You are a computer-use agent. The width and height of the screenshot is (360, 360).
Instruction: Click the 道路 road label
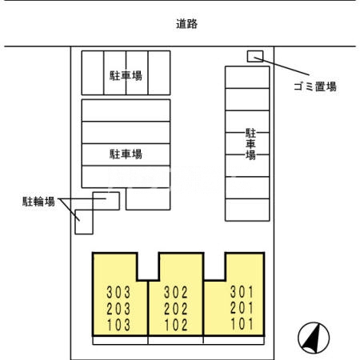[186, 24]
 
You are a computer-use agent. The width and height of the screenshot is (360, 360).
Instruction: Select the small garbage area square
[254, 55]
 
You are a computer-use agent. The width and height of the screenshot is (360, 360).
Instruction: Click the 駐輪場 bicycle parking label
[38, 202]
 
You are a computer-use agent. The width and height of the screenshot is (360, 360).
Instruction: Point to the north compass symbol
[314, 337]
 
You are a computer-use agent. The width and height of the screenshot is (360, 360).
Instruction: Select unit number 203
[117, 307]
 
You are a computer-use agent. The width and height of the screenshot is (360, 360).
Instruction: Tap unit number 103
[117, 325]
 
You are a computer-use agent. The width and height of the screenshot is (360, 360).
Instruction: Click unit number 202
[175, 307]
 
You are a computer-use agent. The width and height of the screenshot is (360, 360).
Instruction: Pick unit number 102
[175, 325]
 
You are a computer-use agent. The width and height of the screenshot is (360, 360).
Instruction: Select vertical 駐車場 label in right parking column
[250, 144]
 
